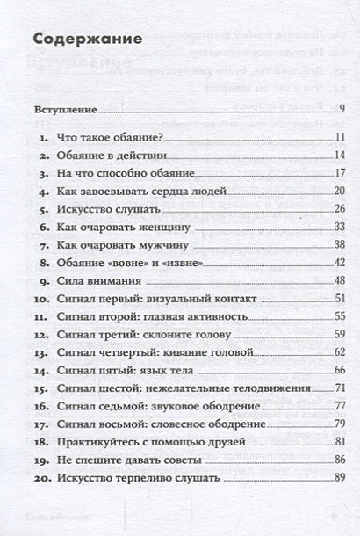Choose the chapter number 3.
40,174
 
